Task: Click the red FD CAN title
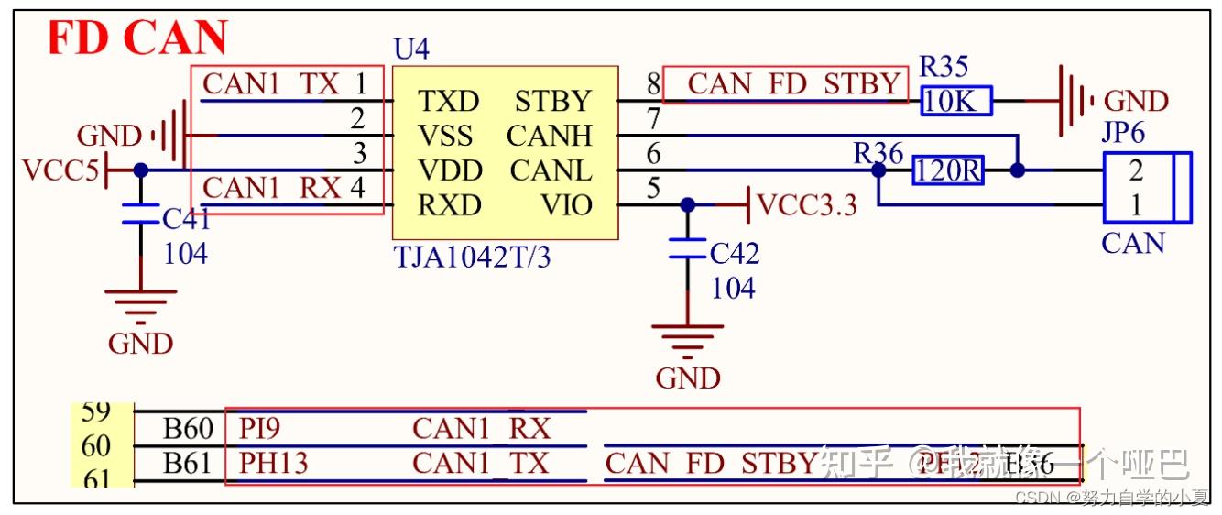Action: coord(137,38)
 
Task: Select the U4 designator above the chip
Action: coord(410,49)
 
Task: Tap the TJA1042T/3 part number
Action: coord(472,257)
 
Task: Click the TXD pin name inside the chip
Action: coord(448,101)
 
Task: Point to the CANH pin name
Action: coord(549,136)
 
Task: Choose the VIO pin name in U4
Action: coord(567,205)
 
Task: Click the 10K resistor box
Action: coord(956,102)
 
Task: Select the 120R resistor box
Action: coord(947,170)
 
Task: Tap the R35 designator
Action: coord(943,67)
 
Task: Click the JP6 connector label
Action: coord(1122,134)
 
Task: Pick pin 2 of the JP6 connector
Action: coord(1136,170)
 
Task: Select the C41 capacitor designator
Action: coord(186,219)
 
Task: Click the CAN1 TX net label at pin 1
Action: coord(270,84)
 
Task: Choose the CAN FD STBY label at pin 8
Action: coord(793,84)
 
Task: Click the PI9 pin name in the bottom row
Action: coord(259,428)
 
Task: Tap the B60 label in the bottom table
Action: coord(188,428)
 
